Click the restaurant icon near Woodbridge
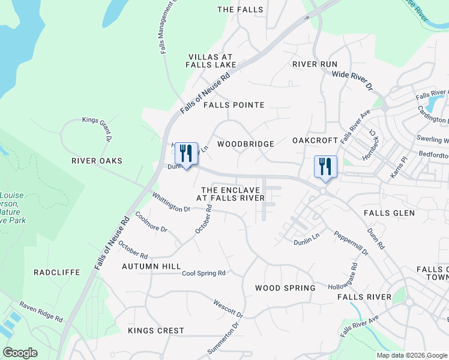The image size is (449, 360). (x=186, y=154)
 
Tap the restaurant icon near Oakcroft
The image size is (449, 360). (x=325, y=166)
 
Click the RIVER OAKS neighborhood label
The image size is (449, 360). (x=97, y=161)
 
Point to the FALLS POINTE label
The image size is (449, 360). (x=234, y=105)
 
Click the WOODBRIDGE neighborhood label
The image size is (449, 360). (x=246, y=144)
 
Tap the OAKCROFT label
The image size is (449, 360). (x=316, y=140)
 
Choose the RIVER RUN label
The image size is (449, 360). (x=315, y=64)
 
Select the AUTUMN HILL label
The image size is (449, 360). (x=151, y=266)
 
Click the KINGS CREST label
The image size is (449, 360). (x=156, y=331)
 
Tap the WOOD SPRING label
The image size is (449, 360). (x=285, y=288)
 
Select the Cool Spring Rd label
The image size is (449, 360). (x=203, y=273)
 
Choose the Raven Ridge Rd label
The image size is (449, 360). (x=41, y=312)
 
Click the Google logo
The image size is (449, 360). (x=20, y=353)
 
